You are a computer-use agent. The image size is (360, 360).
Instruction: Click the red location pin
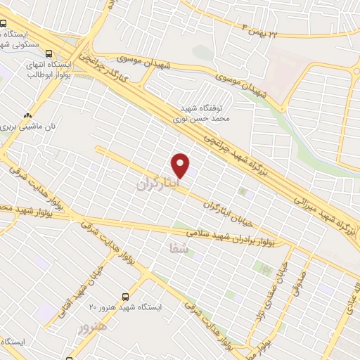[x=181, y=165]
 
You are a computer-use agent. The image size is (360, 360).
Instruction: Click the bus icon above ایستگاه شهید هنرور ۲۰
[x=126, y=297]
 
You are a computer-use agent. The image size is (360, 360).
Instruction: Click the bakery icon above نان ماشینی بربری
[x=27, y=116]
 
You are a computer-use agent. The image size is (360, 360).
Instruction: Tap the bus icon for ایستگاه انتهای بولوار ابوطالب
[x=49, y=53]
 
